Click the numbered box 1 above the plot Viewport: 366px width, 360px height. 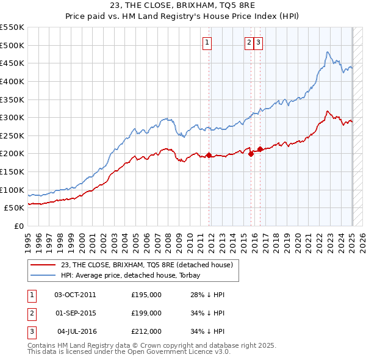pos(207,42)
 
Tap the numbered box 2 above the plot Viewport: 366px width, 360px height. pos(249,42)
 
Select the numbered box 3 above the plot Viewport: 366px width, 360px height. pos(258,42)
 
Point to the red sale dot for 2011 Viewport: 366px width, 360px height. pos(209,155)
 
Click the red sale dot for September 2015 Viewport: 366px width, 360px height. pos(251,154)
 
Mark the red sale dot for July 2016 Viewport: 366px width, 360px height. pos(260,149)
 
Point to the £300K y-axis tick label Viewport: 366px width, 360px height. pos(12,117)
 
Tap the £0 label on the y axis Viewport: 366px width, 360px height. pos(19,226)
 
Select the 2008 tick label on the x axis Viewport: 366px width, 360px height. pos(168,240)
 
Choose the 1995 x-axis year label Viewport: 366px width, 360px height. pos(28,240)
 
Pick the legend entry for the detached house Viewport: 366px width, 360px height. pos(147,265)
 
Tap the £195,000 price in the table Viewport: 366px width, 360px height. pos(146,295)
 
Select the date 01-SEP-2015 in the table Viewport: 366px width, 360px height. pos(75,313)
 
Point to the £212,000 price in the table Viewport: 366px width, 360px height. pos(146,331)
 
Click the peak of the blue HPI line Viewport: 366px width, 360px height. pos(328,52)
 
